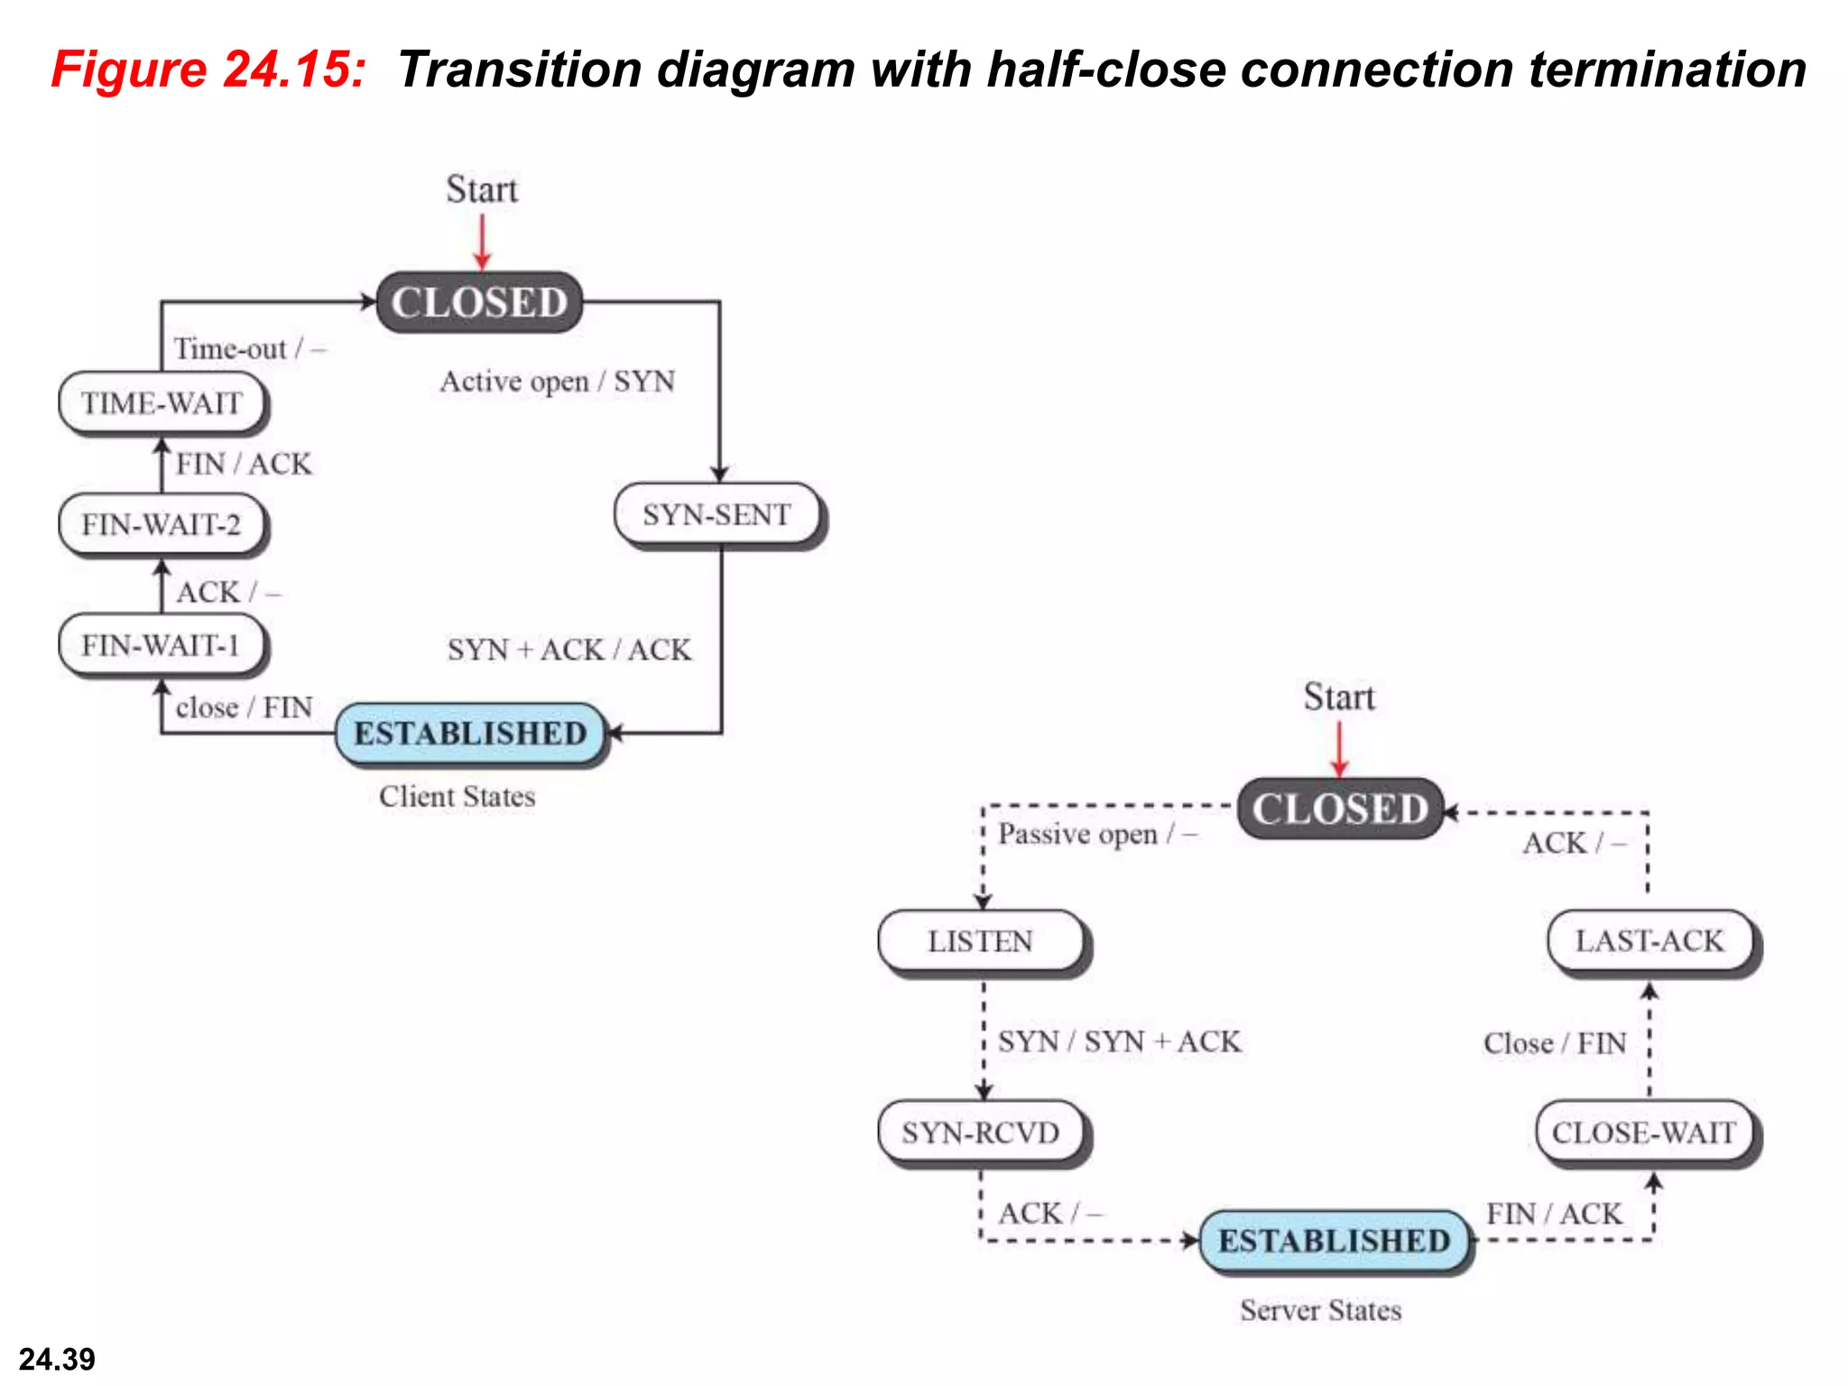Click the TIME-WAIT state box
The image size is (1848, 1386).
click(162, 402)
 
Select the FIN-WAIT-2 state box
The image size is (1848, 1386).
click(162, 524)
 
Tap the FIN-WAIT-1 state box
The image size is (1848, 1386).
click(162, 645)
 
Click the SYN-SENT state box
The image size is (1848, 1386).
click(717, 515)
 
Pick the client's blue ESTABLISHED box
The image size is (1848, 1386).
click(469, 734)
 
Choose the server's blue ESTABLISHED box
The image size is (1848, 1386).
click(1334, 1241)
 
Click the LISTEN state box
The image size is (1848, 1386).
click(981, 941)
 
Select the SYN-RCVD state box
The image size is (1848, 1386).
click(981, 1132)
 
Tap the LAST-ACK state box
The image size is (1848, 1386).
click(1649, 941)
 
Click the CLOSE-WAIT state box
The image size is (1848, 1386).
click(1644, 1132)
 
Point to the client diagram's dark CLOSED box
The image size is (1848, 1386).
click(479, 302)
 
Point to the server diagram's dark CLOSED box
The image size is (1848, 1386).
click(1340, 808)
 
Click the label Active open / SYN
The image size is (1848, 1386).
click(558, 382)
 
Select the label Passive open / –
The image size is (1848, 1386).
click(1096, 835)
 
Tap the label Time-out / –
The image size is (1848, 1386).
click(249, 349)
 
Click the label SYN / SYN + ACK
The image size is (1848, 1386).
click(1119, 1042)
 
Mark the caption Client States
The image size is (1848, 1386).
click(457, 797)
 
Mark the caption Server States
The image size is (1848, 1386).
click(1320, 1310)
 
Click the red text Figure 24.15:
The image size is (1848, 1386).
click(208, 69)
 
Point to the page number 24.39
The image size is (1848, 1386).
click(57, 1359)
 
